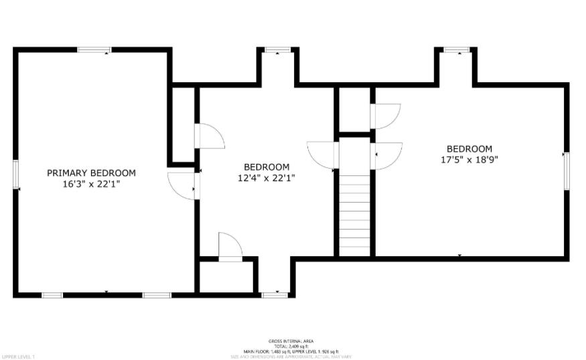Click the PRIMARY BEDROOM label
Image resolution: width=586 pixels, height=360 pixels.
pos(91,173)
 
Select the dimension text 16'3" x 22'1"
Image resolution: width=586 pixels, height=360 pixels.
pos(91,183)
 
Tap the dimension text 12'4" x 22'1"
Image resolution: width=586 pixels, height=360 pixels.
pos(267,178)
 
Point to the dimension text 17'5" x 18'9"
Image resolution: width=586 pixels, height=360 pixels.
pos(469,160)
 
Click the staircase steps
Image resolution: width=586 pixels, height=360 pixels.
pos(354,213)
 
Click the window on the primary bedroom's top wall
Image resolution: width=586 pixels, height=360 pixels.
pos(94,50)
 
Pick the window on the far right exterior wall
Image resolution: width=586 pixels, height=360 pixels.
pos(566,171)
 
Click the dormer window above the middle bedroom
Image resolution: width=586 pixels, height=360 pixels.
pos(277,50)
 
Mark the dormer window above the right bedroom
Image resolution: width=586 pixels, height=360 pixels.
pos(457,50)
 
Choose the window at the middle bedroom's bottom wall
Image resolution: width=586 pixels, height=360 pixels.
pos(275,294)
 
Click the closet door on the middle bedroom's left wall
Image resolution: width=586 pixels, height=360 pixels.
pos(209,136)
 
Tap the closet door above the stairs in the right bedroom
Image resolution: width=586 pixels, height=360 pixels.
pos(385,116)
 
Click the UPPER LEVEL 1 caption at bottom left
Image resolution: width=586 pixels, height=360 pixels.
pos(18,357)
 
